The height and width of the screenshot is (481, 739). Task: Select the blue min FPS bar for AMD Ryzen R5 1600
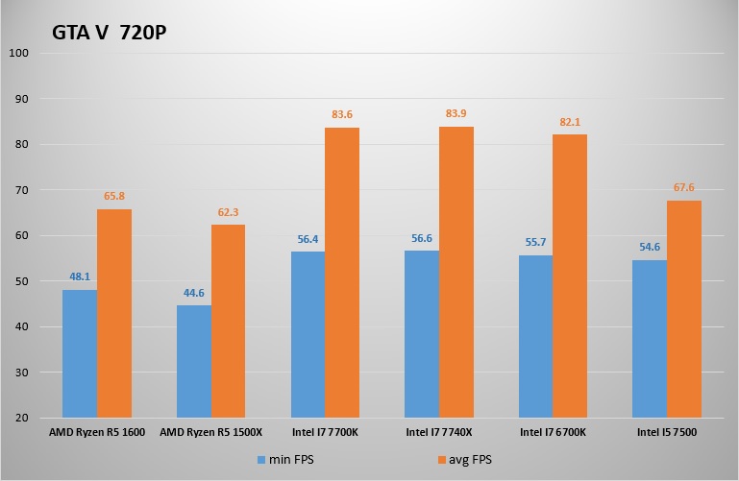(80, 353)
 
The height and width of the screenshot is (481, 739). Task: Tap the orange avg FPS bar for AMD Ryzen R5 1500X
(228, 321)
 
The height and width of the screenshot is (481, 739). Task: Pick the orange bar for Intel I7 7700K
(342, 273)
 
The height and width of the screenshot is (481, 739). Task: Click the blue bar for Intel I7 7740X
(422, 333)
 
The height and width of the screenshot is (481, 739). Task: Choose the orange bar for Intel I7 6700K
(570, 276)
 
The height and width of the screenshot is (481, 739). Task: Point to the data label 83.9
(456, 114)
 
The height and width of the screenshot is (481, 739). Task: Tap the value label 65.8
(114, 196)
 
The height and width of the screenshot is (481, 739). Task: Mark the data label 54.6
(650, 247)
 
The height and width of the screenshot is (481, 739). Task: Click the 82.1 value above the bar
(570, 122)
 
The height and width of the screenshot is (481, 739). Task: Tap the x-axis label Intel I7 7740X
(439, 433)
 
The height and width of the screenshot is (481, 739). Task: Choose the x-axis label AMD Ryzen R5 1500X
(210, 433)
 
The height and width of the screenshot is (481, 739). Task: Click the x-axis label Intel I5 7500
(667, 433)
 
